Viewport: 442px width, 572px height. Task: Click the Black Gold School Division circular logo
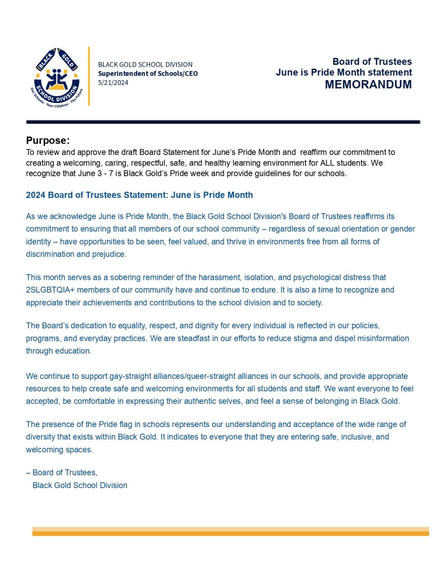(x=56, y=76)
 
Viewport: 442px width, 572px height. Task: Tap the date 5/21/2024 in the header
(x=113, y=82)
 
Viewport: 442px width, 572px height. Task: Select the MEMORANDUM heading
(x=368, y=85)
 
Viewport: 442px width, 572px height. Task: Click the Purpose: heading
(x=48, y=141)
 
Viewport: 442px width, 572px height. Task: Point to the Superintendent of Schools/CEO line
(x=147, y=73)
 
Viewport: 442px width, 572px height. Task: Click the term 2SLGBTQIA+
(x=49, y=290)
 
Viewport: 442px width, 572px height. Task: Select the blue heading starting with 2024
(x=139, y=195)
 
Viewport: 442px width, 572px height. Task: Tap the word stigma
(x=280, y=338)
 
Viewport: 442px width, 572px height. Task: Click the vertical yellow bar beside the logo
(x=89, y=76)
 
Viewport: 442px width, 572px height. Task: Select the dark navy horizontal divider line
(x=223, y=122)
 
